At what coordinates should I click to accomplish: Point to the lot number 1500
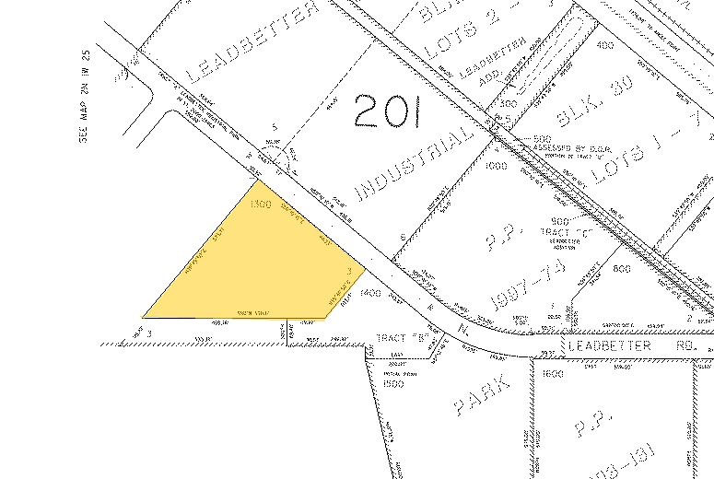click(394, 382)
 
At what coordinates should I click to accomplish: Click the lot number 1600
click(552, 374)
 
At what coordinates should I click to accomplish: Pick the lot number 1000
click(498, 166)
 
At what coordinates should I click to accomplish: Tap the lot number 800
click(619, 268)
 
